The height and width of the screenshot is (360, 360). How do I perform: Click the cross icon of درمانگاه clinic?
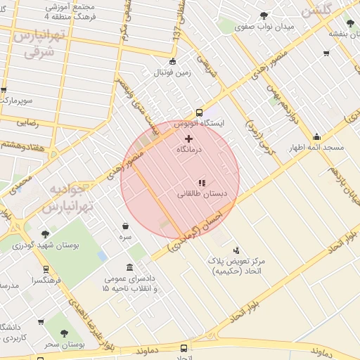tap(188, 139)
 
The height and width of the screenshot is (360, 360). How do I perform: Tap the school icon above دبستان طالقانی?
tap(202, 183)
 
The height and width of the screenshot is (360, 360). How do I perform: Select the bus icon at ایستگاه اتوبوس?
tap(200, 112)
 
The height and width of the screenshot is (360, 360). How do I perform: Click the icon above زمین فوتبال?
tap(173, 61)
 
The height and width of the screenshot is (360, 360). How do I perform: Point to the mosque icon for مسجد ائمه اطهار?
tap(316, 136)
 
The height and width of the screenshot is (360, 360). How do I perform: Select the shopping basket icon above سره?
tap(125, 226)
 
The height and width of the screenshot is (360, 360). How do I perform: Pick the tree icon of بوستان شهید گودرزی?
tap(46, 233)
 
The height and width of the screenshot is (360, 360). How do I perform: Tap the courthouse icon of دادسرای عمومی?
tap(130, 267)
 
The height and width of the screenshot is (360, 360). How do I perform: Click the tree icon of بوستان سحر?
tap(65, 333)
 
